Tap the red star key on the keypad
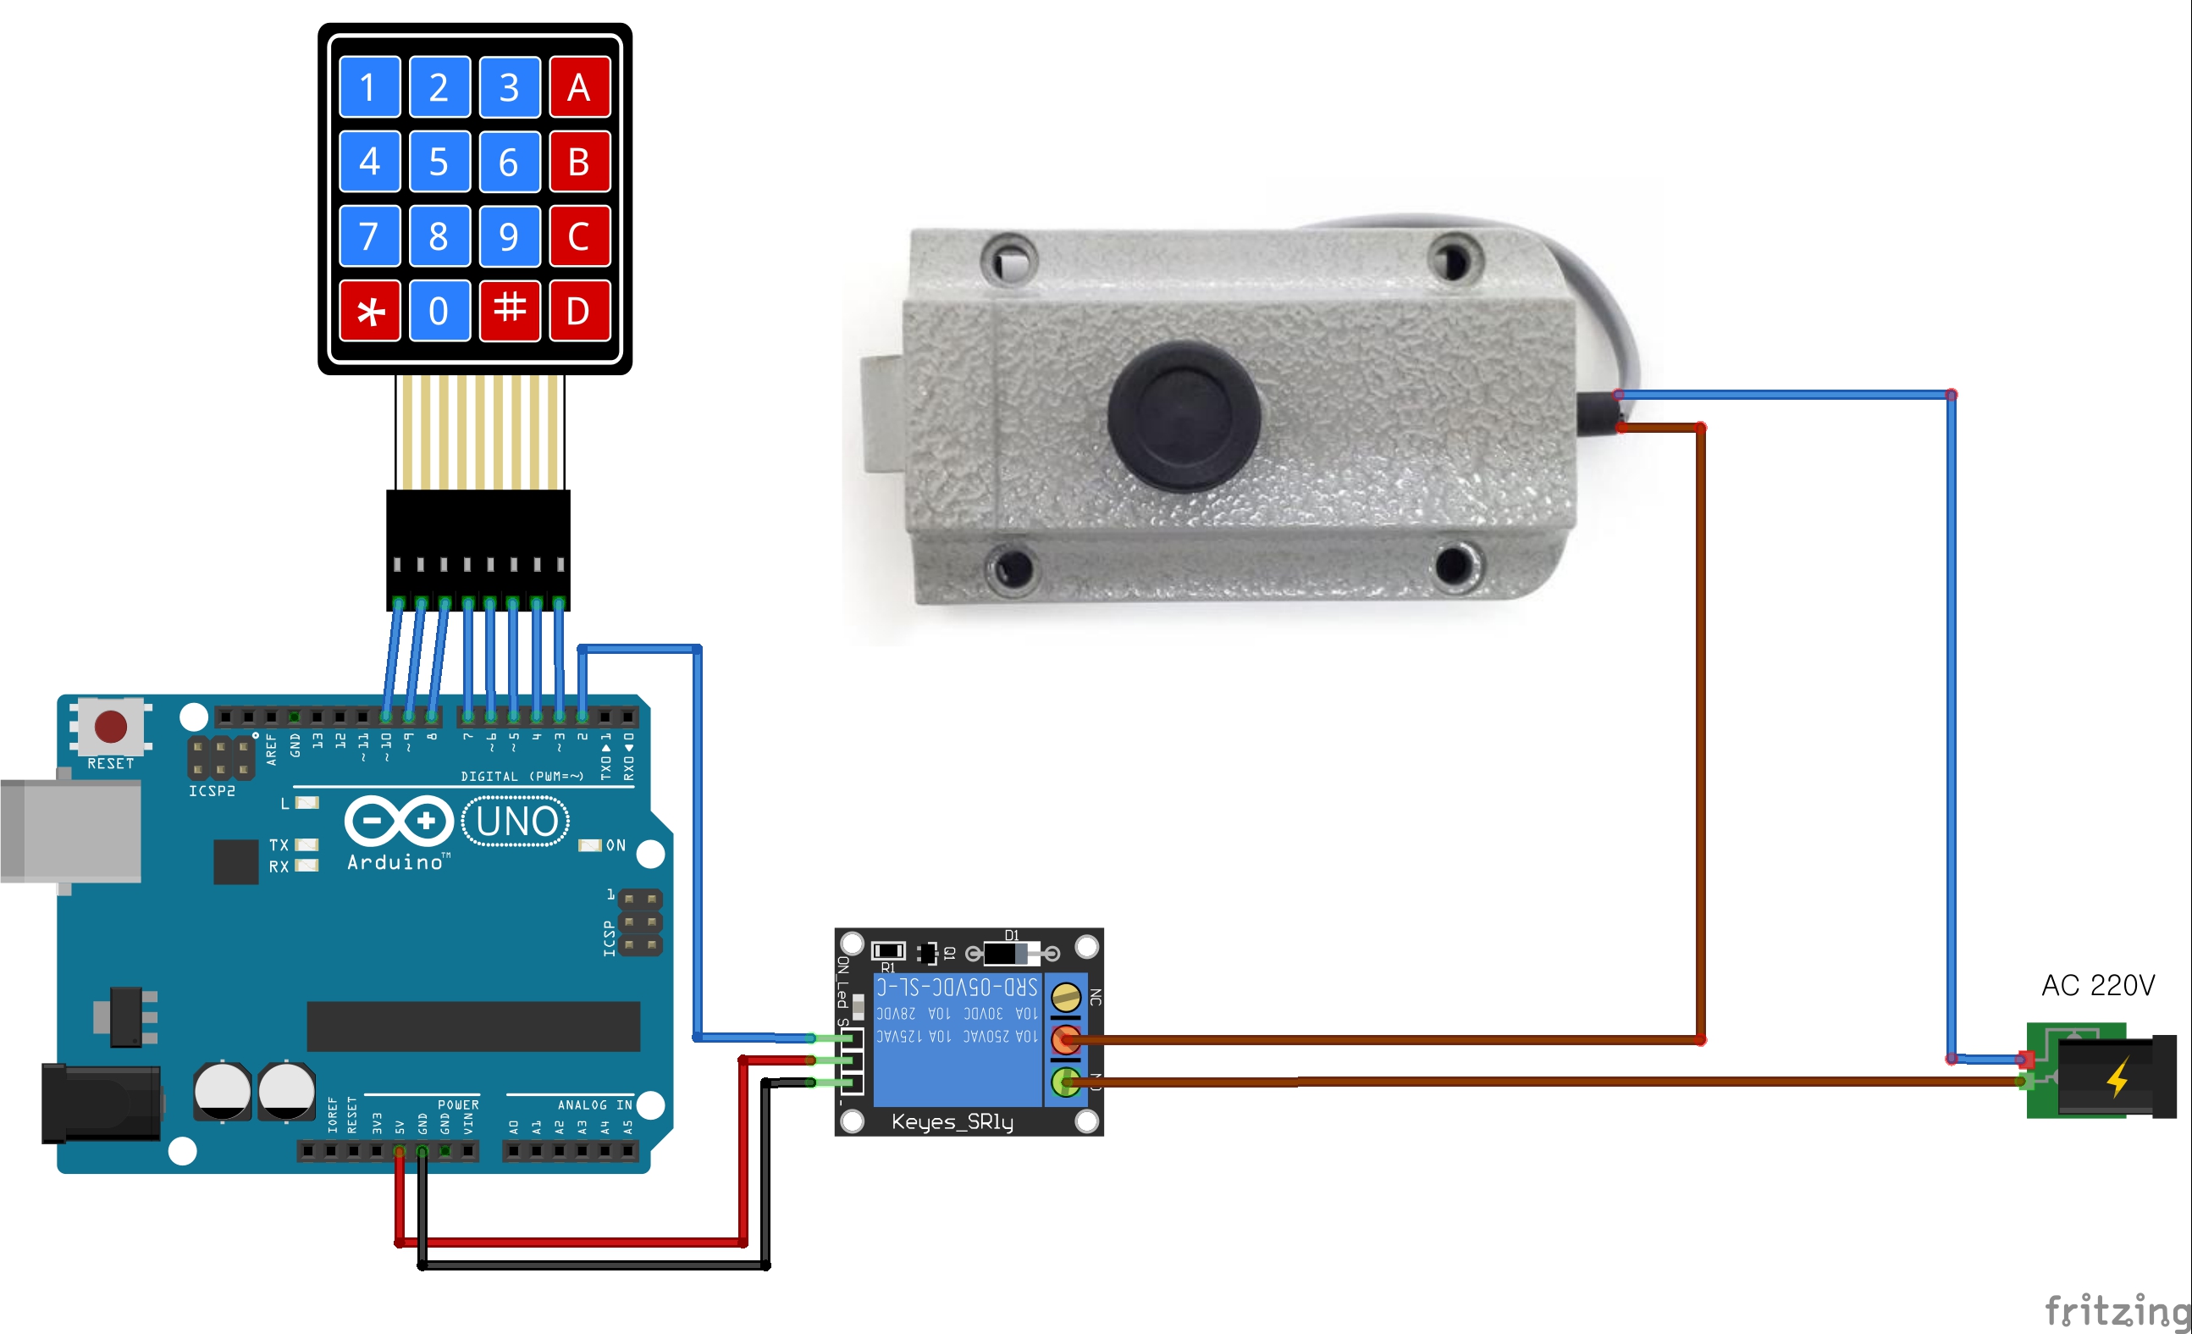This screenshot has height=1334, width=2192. [370, 312]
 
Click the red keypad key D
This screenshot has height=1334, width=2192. [579, 312]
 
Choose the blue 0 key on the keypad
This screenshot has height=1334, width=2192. [439, 312]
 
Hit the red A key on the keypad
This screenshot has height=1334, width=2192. [579, 87]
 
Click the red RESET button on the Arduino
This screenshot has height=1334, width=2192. [111, 726]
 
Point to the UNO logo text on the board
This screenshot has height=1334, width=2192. [516, 822]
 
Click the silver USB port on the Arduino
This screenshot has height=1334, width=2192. [71, 831]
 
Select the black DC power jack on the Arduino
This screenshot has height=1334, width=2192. [101, 1104]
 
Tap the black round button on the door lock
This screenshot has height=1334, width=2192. [1183, 416]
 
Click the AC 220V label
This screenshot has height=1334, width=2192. [2097, 985]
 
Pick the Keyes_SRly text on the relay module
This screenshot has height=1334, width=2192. [952, 1121]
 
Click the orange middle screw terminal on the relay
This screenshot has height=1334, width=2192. [1066, 1038]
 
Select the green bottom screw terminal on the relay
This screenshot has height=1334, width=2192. [1066, 1082]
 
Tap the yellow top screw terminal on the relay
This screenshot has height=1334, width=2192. [1066, 997]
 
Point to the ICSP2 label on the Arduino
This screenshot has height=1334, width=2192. [212, 791]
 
